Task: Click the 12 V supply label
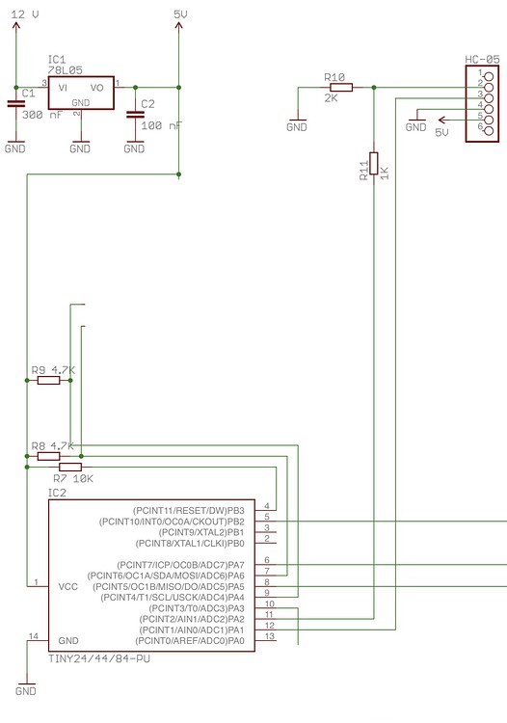point(25,14)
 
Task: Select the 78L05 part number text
point(65,70)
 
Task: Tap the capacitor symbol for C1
point(15,104)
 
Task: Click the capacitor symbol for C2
point(135,115)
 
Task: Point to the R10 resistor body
point(341,87)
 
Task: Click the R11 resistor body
point(374,163)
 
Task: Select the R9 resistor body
point(48,380)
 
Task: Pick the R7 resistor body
point(70,467)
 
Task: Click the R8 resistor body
point(48,456)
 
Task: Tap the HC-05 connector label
point(482,59)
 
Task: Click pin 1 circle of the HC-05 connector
point(489,76)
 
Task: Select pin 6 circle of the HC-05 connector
point(489,131)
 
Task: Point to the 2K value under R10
point(331,97)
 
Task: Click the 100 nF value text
point(161,125)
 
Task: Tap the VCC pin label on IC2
point(68,586)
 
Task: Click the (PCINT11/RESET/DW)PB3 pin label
point(189,510)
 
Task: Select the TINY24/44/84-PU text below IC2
point(99,658)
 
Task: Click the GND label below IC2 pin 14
point(25,691)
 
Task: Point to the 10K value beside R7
point(83,478)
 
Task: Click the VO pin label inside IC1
point(96,88)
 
